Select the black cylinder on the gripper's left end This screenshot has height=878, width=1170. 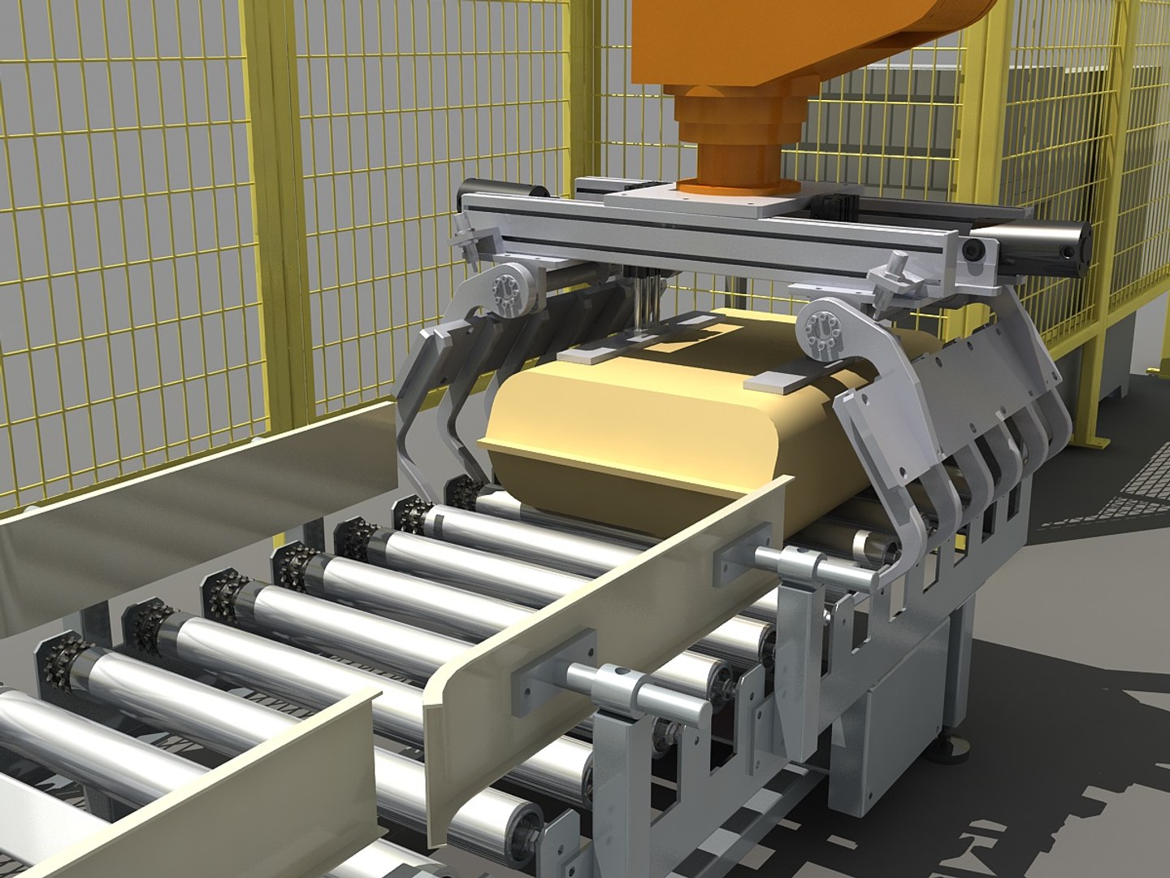(504, 193)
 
